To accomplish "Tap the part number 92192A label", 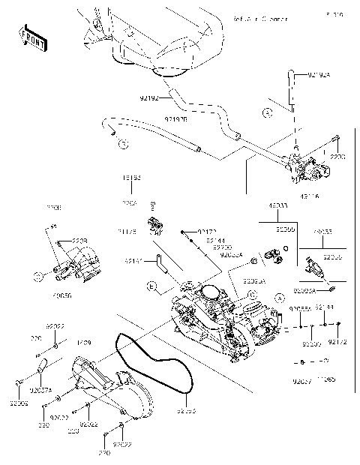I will coord(318,75).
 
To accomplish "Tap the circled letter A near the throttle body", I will coord(280,298).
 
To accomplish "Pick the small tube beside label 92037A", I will coord(40,367).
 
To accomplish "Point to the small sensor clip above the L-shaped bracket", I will coord(155,224).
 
